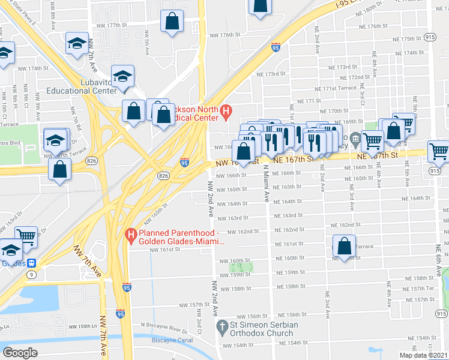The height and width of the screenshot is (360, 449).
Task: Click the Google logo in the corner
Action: point(20,353)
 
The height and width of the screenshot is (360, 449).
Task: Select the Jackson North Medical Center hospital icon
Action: point(226,111)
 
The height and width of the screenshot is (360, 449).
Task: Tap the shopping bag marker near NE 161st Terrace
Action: point(344,246)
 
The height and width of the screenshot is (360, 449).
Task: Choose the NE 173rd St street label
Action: point(270,74)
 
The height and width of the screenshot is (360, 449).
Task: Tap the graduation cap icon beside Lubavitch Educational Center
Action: point(122,77)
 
